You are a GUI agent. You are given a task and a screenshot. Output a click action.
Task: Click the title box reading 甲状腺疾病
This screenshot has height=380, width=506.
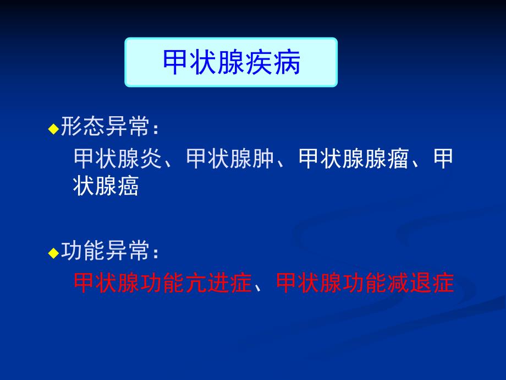pyautogui.click(x=231, y=62)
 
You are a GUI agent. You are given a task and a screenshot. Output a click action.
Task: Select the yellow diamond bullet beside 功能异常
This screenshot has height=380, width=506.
pyautogui.click(x=53, y=253)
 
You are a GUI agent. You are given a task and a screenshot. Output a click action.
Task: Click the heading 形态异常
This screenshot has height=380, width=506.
pyautogui.click(x=105, y=128)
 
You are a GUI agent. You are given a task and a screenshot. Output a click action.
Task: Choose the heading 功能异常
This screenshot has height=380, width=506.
pyautogui.click(x=105, y=252)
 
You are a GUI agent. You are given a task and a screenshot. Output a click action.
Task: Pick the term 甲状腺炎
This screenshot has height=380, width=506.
pyautogui.click(x=118, y=159)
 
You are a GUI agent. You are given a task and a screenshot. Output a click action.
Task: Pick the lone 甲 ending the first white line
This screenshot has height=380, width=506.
pyautogui.click(x=444, y=159)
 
